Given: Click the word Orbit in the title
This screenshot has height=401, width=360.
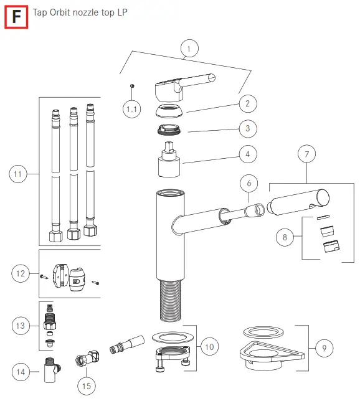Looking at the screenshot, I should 67,12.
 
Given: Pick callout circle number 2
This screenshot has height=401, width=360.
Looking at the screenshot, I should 247,104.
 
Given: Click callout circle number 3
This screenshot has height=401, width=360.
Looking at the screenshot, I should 247,129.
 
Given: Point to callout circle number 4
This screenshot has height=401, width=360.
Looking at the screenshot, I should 247,153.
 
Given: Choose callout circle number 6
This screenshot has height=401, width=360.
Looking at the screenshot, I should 249,184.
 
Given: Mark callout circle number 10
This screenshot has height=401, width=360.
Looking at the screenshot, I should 209,345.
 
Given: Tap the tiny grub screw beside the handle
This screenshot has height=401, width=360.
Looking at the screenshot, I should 132,85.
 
